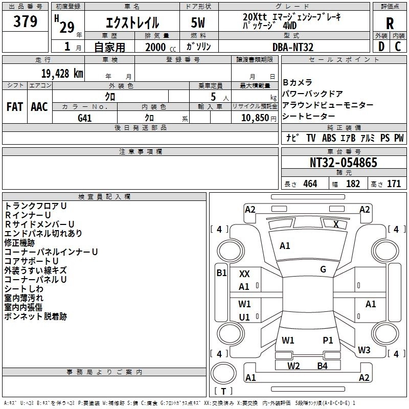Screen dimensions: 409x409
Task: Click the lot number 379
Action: [25, 21]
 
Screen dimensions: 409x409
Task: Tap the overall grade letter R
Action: [390, 24]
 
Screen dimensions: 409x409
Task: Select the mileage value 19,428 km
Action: [62, 74]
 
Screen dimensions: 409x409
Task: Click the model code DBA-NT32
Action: [292, 47]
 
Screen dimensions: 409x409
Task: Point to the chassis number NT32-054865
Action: [343, 163]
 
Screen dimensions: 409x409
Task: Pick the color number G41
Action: [84, 118]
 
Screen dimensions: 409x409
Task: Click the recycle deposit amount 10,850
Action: [255, 118]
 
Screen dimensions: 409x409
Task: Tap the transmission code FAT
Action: [15, 107]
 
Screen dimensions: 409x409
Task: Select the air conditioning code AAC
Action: [39, 107]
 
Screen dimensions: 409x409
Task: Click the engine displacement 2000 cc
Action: [161, 47]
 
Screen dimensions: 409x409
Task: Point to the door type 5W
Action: [198, 22]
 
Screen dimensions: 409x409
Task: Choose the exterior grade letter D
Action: [381, 47]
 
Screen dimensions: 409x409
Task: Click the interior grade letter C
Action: [398, 47]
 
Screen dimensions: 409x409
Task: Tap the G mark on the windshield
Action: [323, 269]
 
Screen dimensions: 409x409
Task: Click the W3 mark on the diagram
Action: [364, 350]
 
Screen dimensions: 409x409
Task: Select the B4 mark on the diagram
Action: [322, 366]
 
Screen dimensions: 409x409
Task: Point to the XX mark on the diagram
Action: [244, 274]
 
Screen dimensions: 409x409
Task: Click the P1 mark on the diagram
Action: [328, 340]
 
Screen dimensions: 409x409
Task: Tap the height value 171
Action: [394, 184]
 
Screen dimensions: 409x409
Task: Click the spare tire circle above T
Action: [223, 373]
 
